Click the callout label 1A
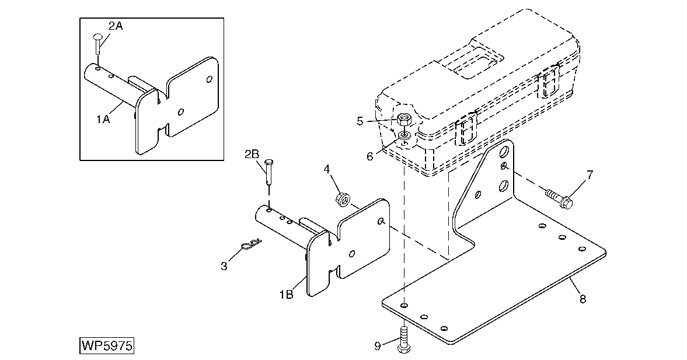tap(103, 119)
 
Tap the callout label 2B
tap(252, 154)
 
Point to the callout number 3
tap(224, 267)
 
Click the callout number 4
tap(327, 169)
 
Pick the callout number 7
tap(590, 174)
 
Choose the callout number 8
tap(583, 299)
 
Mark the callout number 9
tap(378, 346)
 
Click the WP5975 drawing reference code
tap(107, 345)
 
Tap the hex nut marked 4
tap(343, 200)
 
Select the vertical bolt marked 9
tap(403, 340)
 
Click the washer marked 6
tap(404, 138)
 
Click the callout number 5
tap(360, 121)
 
